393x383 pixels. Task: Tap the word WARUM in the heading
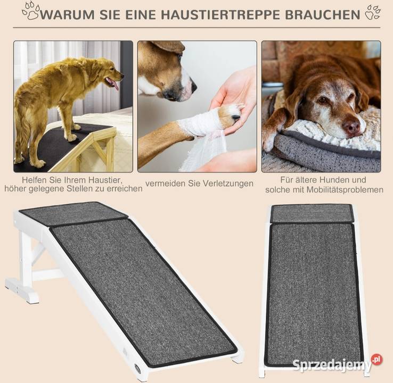[67, 14]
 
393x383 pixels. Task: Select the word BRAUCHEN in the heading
[323, 14]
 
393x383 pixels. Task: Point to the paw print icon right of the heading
[373, 12]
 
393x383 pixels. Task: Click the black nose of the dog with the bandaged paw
[193, 87]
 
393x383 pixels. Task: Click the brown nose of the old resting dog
[351, 127]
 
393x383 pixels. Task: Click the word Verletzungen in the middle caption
[228, 184]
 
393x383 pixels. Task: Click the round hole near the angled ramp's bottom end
[137, 368]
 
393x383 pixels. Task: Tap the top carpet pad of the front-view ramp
[313, 213]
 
